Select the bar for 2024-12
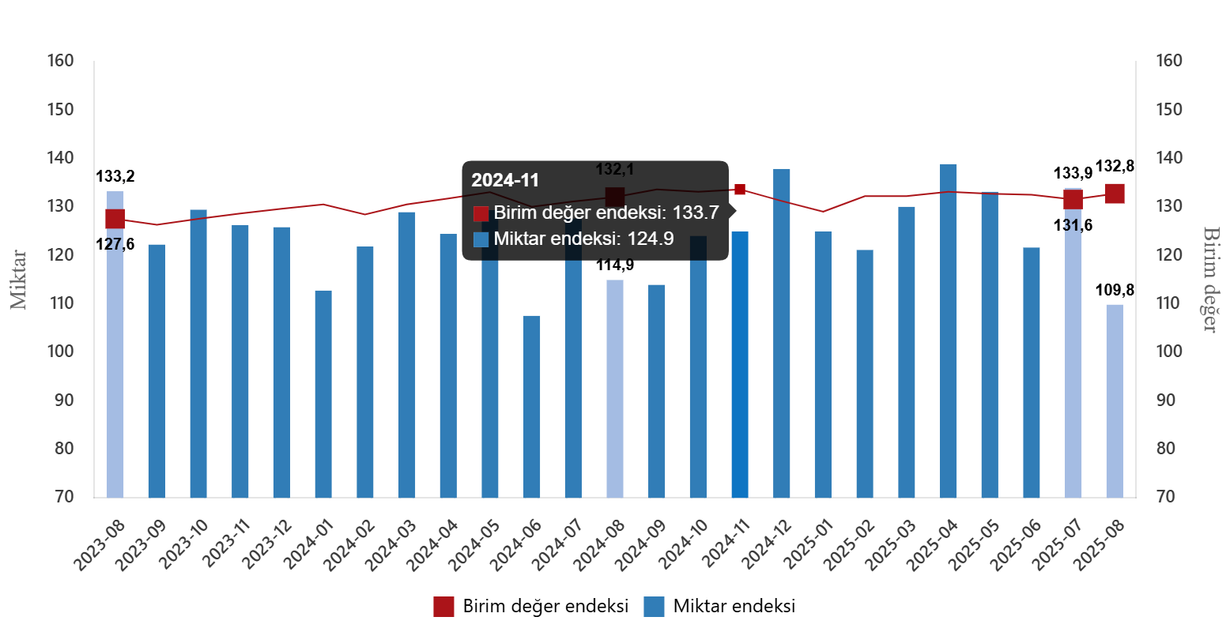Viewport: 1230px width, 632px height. [x=781, y=332]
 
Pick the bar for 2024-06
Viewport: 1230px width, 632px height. [x=532, y=406]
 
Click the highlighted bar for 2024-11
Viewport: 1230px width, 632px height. [x=740, y=364]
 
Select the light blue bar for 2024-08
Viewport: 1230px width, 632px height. [x=615, y=388]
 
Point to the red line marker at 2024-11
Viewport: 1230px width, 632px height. [x=740, y=189]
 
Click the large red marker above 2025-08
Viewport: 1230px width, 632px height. [x=1115, y=194]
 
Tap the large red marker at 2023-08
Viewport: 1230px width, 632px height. [x=115, y=219]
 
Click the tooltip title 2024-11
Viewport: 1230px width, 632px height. [x=505, y=180]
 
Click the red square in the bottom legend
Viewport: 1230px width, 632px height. [x=443, y=607]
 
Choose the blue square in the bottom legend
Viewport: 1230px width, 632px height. [x=654, y=607]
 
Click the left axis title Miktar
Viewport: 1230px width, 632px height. [x=18, y=280]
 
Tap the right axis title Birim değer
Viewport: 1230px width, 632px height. [x=1210, y=279]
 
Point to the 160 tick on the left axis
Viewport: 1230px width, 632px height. [x=60, y=61]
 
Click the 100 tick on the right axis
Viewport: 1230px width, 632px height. [x=1169, y=352]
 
